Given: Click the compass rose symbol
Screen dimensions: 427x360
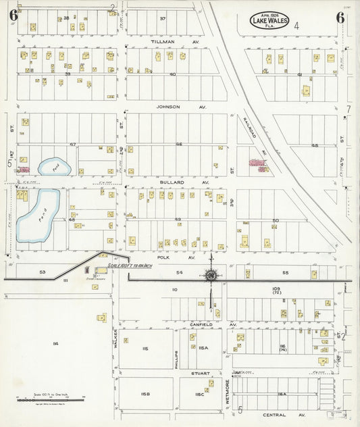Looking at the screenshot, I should [211, 275].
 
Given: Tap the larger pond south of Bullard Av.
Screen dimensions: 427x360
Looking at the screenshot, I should [37, 216].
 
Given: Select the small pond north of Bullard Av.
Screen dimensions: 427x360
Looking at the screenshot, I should [52, 166].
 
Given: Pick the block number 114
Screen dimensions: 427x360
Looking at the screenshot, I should [55, 344].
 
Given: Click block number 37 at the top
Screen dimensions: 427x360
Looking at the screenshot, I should [162, 18].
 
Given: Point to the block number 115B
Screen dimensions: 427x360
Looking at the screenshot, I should [145, 393].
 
